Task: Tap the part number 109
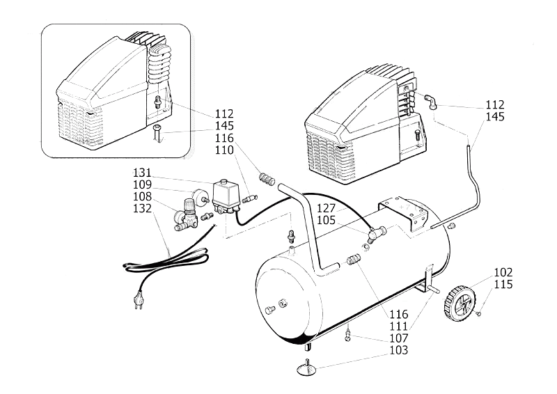143,184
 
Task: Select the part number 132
143,208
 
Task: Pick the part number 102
503,272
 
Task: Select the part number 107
400,339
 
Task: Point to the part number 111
400,326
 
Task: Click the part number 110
224,150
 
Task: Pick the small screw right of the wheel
480,315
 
